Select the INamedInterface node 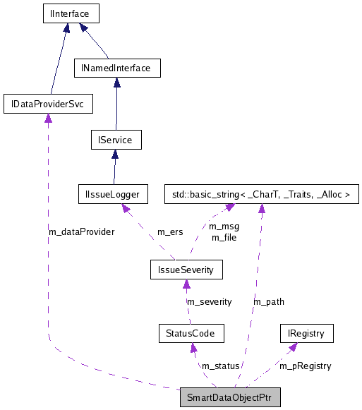[117, 68]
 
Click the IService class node [116, 140]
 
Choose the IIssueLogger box [113, 193]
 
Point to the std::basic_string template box [261, 193]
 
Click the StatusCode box [191, 332]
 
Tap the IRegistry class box [305, 332]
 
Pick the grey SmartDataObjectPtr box [230, 397]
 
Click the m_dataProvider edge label [81, 231]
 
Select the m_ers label [171, 231]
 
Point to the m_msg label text [225, 227]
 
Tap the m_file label [224, 237]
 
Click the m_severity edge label [209, 301]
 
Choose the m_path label [269, 301]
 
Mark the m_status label [221, 366]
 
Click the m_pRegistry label [305, 366]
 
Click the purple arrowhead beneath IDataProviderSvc [47, 119]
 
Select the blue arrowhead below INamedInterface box [116, 83]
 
